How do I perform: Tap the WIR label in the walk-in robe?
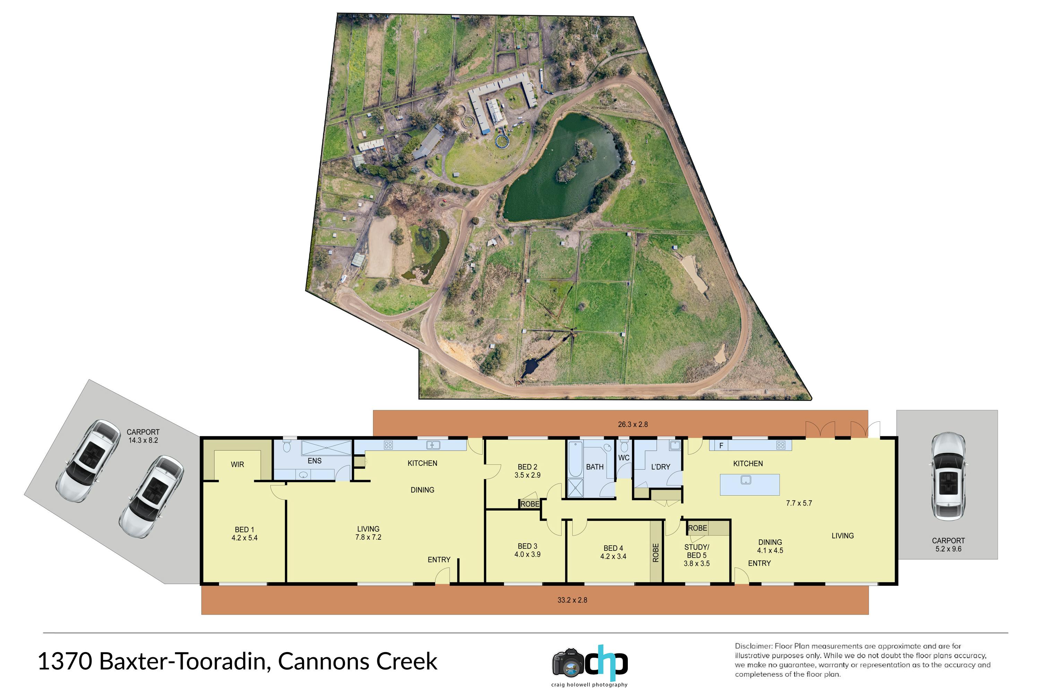(x=237, y=464)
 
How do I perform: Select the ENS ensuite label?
(x=314, y=461)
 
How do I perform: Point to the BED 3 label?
(x=527, y=546)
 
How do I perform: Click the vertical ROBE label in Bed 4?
(x=656, y=553)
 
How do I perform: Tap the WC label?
(x=624, y=458)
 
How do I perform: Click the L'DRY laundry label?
(x=660, y=467)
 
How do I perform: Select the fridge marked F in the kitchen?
(x=721, y=445)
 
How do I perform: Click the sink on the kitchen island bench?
(x=746, y=480)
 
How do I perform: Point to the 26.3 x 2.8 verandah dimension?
(x=633, y=425)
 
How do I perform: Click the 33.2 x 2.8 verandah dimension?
(x=572, y=600)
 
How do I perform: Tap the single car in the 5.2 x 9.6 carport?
(x=948, y=476)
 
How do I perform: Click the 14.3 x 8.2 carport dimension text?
(x=143, y=440)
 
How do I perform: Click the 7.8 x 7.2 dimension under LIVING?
(x=368, y=537)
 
